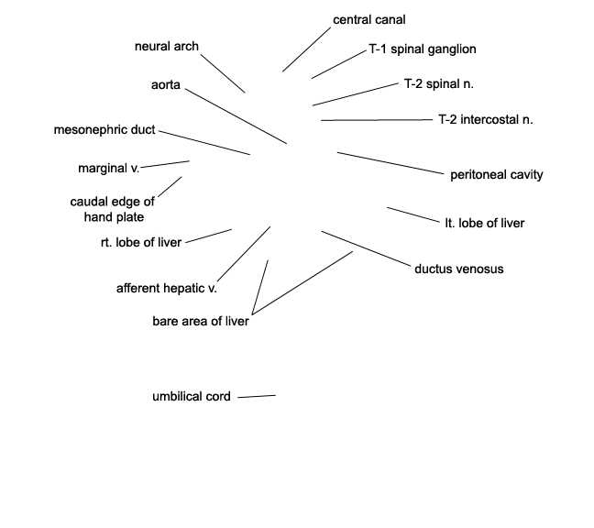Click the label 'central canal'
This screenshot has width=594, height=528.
click(369, 19)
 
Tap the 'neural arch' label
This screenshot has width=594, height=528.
click(167, 46)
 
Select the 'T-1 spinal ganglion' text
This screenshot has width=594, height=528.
click(423, 49)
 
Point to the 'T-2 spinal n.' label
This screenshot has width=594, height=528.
click(439, 83)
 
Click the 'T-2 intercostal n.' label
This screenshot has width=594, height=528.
click(486, 119)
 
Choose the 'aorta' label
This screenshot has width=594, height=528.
click(166, 85)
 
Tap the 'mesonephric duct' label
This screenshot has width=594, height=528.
click(104, 130)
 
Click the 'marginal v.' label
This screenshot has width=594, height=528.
click(109, 168)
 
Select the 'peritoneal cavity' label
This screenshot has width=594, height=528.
click(497, 174)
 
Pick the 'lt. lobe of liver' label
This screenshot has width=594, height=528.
click(485, 223)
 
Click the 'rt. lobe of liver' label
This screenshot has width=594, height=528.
click(141, 242)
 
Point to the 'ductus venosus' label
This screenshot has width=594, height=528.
click(459, 269)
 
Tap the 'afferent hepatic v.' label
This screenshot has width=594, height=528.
click(167, 288)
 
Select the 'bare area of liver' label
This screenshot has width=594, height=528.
click(201, 321)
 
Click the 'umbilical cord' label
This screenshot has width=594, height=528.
click(192, 397)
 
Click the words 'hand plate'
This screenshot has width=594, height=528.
click(114, 217)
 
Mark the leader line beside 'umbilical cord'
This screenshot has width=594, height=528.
click(257, 397)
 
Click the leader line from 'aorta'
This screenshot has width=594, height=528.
click(236, 116)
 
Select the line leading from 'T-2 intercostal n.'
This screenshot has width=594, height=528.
click(377, 120)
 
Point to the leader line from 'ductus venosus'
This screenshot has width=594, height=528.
click(366, 248)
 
